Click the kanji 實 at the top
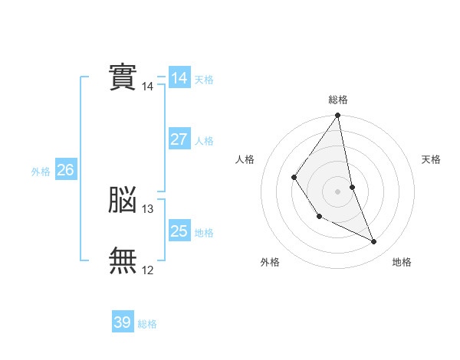tap(123, 77)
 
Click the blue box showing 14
tap(179, 78)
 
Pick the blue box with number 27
tap(179, 139)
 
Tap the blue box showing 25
tap(179, 231)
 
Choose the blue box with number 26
tap(65, 170)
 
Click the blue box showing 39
tap(123, 322)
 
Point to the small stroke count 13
tap(148, 209)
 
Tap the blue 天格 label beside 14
tap(204, 80)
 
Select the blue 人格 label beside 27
tap(204, 141)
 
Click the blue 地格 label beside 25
tap(204, 233)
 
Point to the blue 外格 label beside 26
tap(41, 172)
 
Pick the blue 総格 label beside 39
tap(147, 325)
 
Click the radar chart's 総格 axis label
tap(338, 100)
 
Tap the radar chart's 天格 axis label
tap(432, 159)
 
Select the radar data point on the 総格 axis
tap(338, 116)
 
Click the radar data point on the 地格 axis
tap(374, 242)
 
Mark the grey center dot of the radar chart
tap(338, 191)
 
